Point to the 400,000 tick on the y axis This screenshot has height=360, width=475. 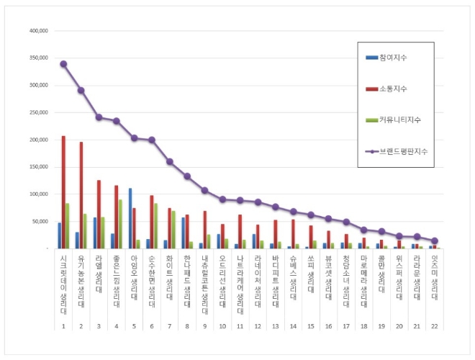(x=38, y=31)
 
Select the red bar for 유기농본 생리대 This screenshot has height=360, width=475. (x=81, y=195)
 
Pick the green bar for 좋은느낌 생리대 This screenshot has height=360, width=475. (x=119, y=224)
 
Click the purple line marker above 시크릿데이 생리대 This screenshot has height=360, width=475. (x=63, y=63)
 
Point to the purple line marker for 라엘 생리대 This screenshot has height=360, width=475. (x=99, y=117)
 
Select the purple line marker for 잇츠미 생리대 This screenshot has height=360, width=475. (x=434, y=240)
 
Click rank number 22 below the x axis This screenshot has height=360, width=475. (x=434, y=326)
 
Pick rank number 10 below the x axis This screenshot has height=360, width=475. (x=222, y=326)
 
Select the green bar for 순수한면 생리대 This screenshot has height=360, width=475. (x=155, y=226)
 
